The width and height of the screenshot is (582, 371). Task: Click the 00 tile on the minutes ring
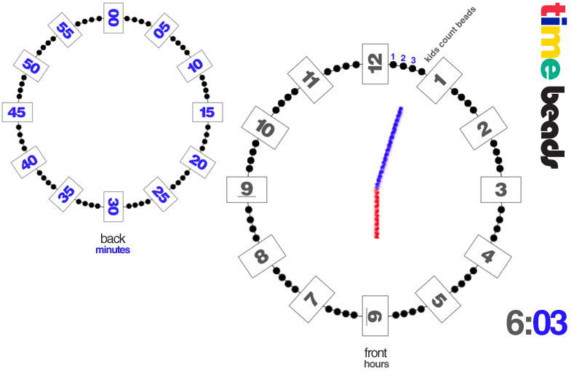[x=113, y=17]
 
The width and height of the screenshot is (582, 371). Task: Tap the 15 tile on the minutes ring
[x=207, y=112]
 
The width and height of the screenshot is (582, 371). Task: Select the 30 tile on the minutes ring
[x=113, y=207]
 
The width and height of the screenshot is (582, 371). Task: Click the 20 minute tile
[x=194, y=160]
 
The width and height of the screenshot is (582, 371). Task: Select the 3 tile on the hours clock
[x=501, y=191]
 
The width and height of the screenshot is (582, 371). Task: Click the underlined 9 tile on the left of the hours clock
[x=247, y=190]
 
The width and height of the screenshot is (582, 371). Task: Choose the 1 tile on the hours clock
[x=439, y=80]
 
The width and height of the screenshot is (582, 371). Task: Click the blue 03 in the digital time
[x=550, y=323]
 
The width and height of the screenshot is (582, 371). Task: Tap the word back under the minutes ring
[x=113, y=238]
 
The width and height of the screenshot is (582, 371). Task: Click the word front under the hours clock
[x=376, y=353]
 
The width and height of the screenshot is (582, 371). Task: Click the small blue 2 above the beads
[x=403, y=57]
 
